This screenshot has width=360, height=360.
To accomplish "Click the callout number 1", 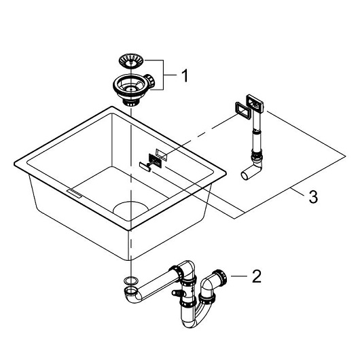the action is tap(185, 75).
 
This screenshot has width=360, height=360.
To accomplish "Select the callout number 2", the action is tap(257, 276).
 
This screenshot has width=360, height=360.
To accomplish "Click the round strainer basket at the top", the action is tap(131, 61).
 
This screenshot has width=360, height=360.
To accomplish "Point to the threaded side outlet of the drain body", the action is tap(150, 81).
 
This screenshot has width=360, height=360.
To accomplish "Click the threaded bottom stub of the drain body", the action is tap(131, 103).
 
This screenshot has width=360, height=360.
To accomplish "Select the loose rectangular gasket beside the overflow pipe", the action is tap(242, 111).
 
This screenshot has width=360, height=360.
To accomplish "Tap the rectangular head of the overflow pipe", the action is tap(255, 103).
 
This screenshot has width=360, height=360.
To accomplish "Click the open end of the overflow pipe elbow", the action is tap(245, 176).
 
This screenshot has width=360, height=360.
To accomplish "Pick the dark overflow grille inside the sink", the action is tap(155, 160).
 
